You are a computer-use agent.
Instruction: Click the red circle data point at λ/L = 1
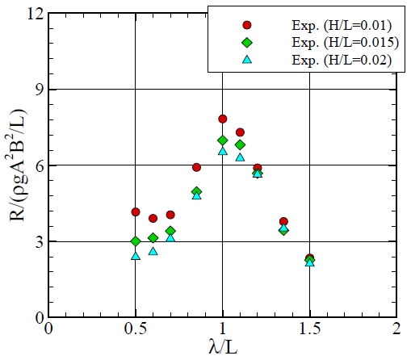point(223,119)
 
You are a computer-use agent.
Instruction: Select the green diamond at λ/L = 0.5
point(136,241)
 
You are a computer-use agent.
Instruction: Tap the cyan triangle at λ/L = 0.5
point(136,255)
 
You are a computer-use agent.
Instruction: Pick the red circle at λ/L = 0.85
point(196,167)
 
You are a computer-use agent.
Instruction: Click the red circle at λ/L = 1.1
point(240,132)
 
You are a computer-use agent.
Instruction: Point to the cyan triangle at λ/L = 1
point(223,150)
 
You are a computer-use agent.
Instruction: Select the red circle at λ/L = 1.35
point(283,221)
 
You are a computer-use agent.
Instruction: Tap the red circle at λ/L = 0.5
point(136,211)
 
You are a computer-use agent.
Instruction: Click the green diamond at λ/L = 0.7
point(170,231)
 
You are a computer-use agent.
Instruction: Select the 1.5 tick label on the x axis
point(309,329)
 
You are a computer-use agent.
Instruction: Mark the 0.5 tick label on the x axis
point(136,329)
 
